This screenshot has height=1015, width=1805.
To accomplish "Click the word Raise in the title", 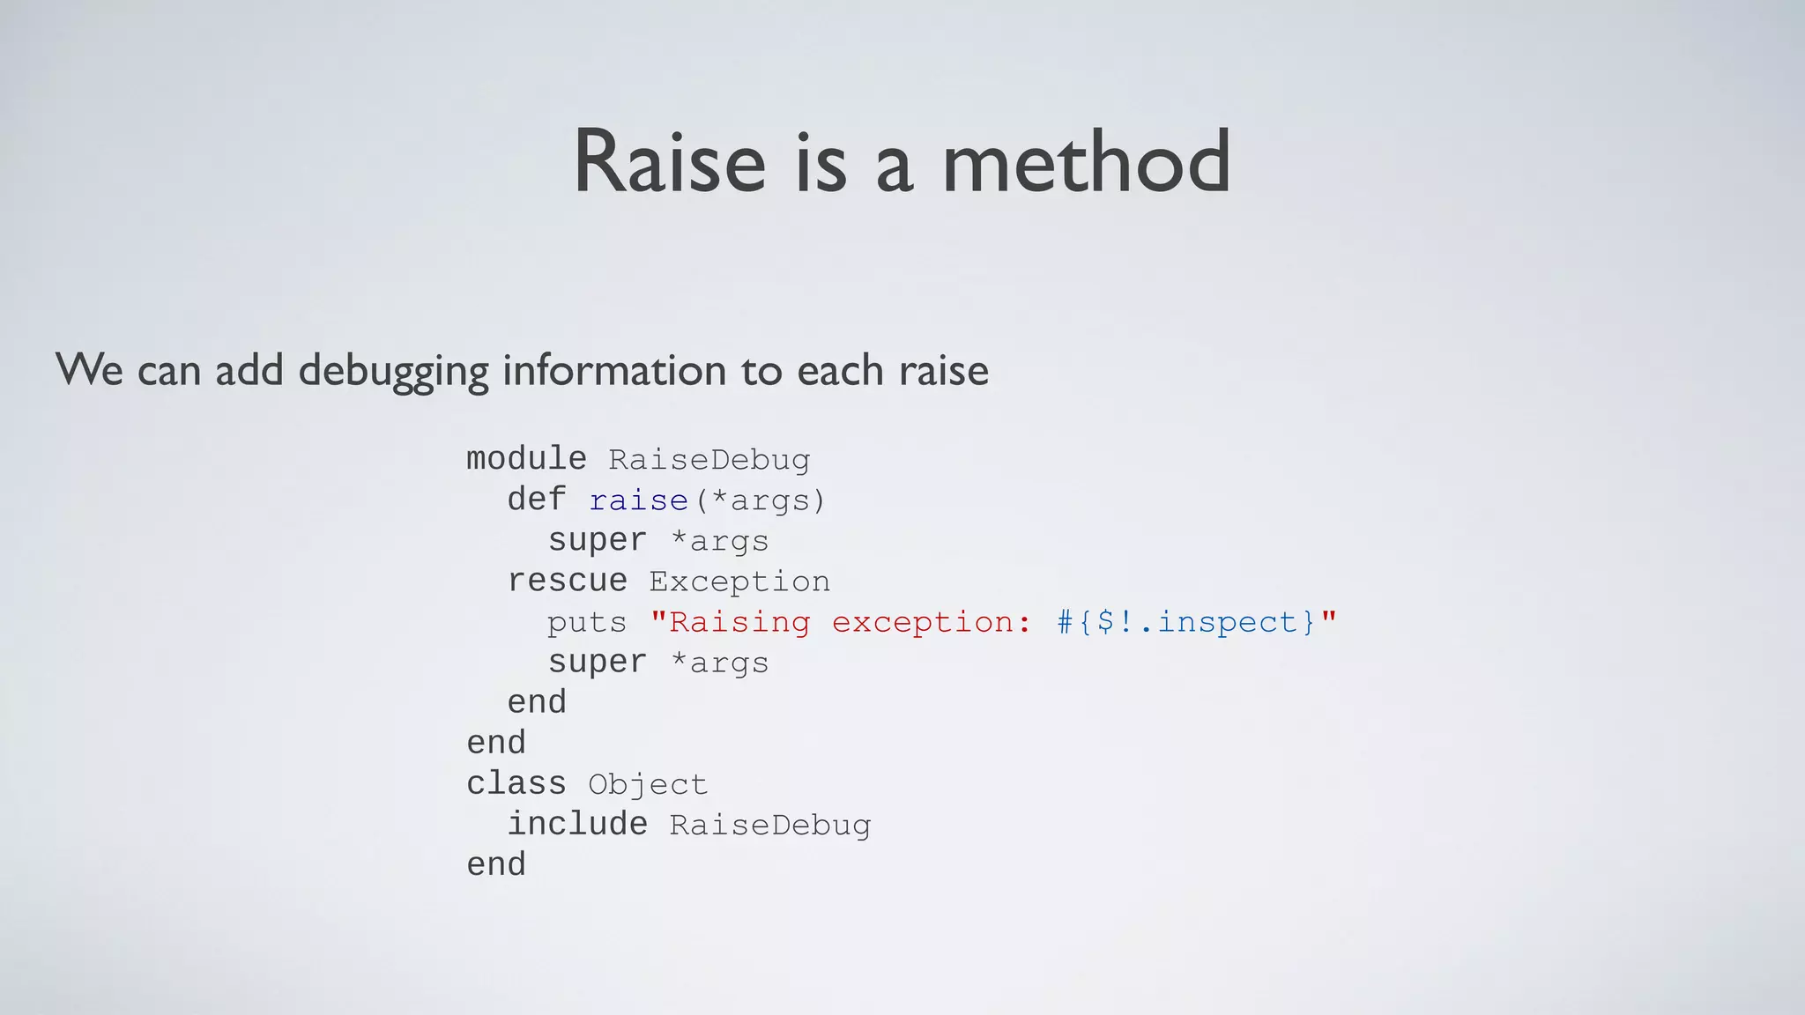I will click(670, 162).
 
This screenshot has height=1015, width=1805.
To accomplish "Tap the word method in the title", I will click(1086, 162).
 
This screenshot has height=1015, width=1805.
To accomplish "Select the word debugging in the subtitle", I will click(393, 370).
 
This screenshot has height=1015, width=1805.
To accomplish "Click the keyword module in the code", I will click(526, 459).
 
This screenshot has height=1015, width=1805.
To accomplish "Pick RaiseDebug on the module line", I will click(709, 460).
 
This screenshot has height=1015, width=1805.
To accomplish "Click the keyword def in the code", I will click(536, 500).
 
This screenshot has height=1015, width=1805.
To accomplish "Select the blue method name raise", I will click(638, 500).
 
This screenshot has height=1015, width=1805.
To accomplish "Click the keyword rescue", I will click(567, 581).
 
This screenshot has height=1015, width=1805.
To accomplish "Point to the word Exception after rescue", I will click(739, 582).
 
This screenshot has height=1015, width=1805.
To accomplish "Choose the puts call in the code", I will click(587, 622).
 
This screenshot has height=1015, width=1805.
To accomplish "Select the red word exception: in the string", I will click(931, 622).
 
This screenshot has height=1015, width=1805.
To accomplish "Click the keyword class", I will click(516, 783).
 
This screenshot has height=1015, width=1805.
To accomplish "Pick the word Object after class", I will click(648, 784).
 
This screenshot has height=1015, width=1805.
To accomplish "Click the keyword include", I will click(577, 824).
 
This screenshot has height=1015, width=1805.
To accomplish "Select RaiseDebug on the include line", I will click(769, 825).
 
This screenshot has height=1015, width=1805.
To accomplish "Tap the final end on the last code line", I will click(496, 864).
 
